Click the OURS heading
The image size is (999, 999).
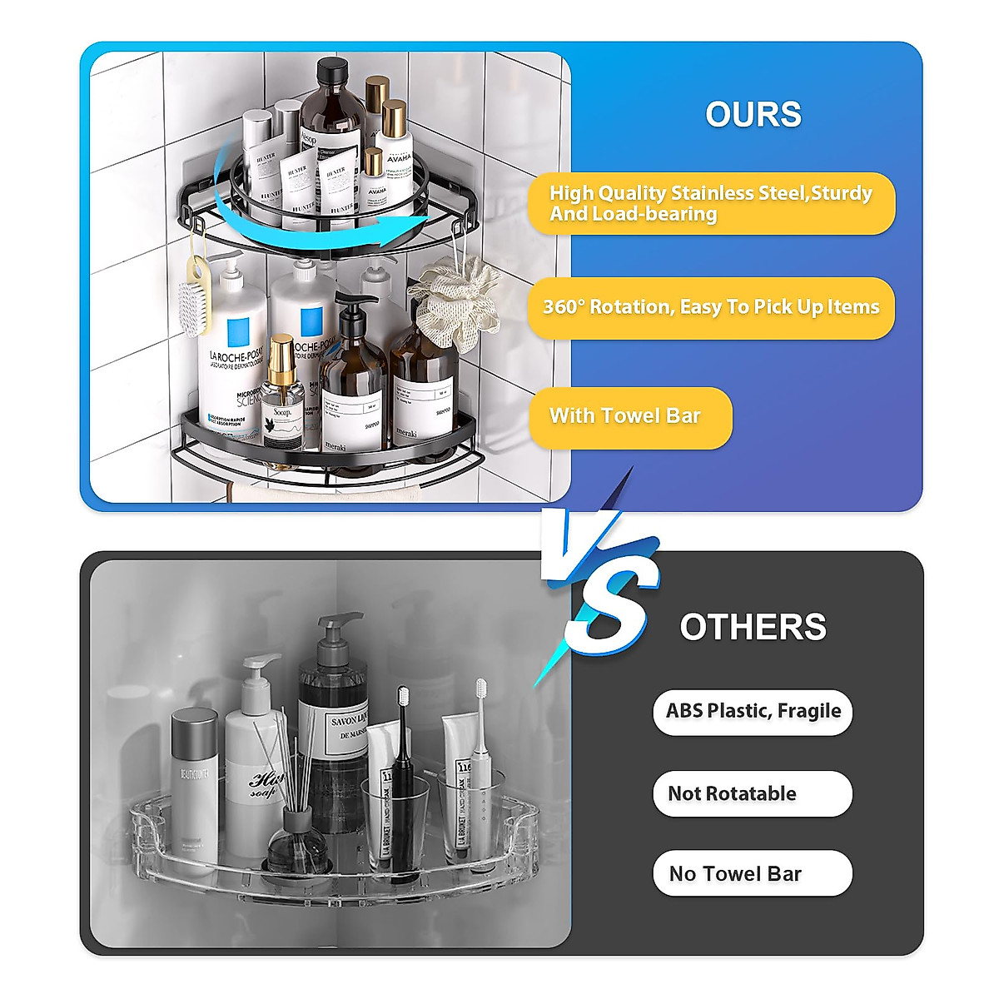[753, 115]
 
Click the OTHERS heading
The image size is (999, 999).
[753, 627]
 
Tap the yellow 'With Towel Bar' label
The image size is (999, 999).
[630, 417]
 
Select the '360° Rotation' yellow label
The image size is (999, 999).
[711, 307]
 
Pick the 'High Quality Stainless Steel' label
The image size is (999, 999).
[711, 203]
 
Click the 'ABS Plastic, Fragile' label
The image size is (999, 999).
[753, 712]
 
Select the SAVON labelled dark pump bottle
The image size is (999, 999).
[333, 733]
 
